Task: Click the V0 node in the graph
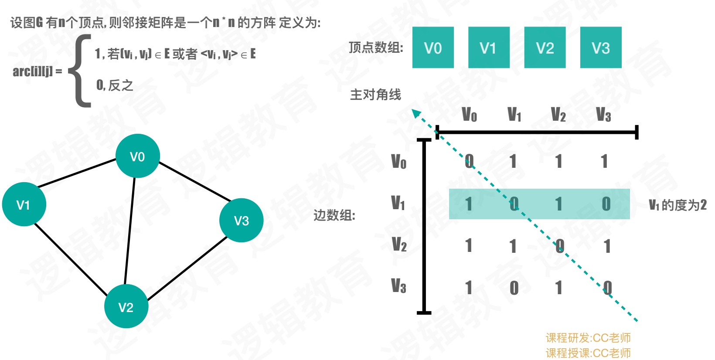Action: point(137,156)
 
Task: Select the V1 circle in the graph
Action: point(24,204)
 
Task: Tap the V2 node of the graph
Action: point(126,306)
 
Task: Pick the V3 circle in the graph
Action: point(241,221)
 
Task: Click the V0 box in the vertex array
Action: point(433,48)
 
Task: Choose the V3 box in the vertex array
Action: point(600,48)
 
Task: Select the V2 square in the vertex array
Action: point(545,48)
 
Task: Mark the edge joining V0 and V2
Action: point(130,231)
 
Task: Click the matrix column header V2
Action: point(558,115)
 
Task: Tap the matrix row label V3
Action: point(398,286)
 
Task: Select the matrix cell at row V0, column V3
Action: point(604,162)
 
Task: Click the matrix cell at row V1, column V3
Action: point(606,204)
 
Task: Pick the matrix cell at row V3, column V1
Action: point(514,288)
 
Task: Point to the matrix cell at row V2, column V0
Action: point(469,246)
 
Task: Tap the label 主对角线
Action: point(375,95)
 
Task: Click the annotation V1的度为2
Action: point(678,205)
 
